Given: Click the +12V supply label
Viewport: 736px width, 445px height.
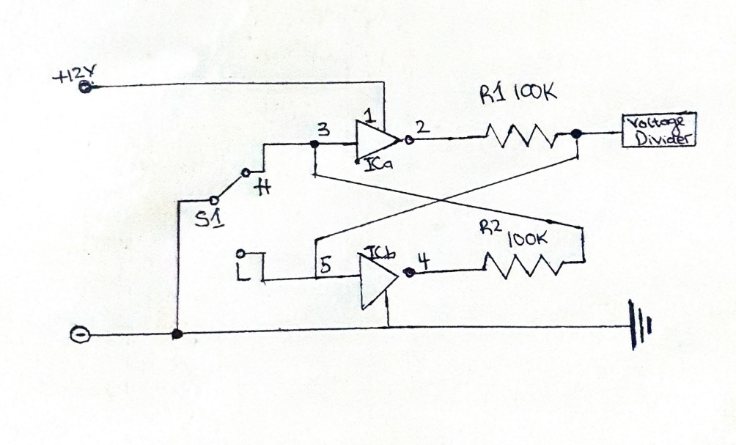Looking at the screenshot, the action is [74, 74].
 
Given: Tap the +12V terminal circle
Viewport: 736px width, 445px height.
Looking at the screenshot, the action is [86, 87].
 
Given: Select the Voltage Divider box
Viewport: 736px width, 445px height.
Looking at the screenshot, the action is [658, 130].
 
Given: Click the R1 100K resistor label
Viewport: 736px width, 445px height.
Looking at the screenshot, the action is [518, 93].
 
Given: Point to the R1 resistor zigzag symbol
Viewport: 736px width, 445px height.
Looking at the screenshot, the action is [520, 135].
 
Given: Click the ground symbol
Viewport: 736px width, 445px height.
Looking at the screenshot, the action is [640, 326].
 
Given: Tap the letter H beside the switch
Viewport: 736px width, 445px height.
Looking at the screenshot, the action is [263, 188].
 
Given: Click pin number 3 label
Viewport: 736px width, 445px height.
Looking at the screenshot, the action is [323, 130].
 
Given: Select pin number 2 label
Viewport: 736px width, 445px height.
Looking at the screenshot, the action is [422, 128].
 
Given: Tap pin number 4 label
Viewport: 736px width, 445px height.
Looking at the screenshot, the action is [424, 261].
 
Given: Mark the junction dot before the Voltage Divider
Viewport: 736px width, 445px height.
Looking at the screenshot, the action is [577, 134].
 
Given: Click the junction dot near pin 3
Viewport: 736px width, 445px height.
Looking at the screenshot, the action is [314, 144].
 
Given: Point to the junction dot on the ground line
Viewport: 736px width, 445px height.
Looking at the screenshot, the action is [177, 334].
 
